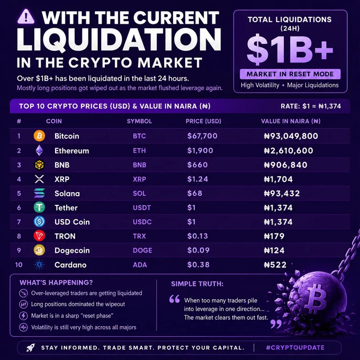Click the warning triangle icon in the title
[26, 16]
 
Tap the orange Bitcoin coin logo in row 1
[39, 136]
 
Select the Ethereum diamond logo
[39, 150]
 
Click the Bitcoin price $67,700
[202, 136]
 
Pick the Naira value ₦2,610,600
[289, 150]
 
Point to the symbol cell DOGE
[142, 250]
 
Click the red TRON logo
[39, 236]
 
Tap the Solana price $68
[195, 193]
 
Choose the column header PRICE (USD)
[203, 121]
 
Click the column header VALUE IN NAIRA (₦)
[291, 121]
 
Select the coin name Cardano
[70, 265]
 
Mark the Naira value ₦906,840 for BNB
[285, 165]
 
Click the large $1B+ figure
[290, 50]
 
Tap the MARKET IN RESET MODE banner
[290, 74]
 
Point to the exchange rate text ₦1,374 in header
[330, 106]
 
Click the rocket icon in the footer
[30, 348]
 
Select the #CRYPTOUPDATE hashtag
[295, 348]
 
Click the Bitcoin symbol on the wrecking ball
[317, 299]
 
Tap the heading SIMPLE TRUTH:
[197, 284]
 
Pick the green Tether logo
[39, 208]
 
